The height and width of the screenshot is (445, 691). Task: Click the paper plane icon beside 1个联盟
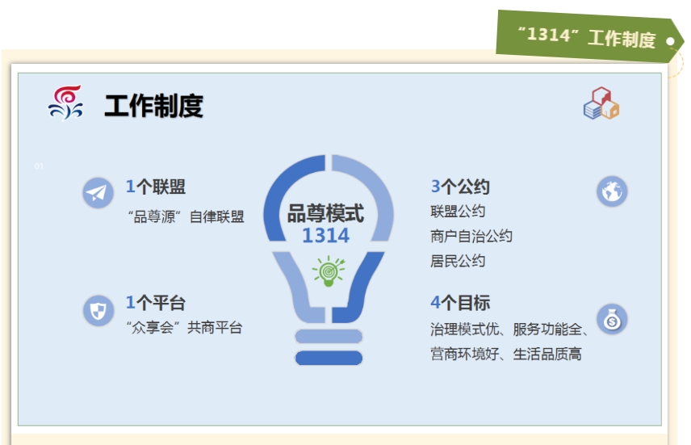98,193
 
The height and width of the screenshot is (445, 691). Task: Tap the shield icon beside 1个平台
98,310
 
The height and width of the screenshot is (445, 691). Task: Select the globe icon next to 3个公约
612,191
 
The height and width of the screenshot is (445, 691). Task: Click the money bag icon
612,319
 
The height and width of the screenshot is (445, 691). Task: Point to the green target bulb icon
329,271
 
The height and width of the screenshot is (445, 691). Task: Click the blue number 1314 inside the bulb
325,236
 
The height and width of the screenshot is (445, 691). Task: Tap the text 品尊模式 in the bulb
325,213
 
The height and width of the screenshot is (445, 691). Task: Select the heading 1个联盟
156,187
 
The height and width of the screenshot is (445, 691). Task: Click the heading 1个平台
156,303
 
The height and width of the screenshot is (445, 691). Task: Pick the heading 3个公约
460,187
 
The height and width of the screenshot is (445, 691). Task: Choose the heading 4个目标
460,303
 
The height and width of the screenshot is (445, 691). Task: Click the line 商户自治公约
471,236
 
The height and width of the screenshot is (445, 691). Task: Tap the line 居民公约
458,261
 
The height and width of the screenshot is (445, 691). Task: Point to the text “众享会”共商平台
184,327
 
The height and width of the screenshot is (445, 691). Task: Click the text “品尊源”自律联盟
186,216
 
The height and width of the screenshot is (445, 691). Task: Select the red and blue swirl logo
65,103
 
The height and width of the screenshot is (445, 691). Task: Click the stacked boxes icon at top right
601,103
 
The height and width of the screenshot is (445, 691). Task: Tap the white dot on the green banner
670,41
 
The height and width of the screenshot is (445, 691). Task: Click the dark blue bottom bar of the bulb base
329,358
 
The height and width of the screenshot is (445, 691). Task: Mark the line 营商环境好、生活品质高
506,354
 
